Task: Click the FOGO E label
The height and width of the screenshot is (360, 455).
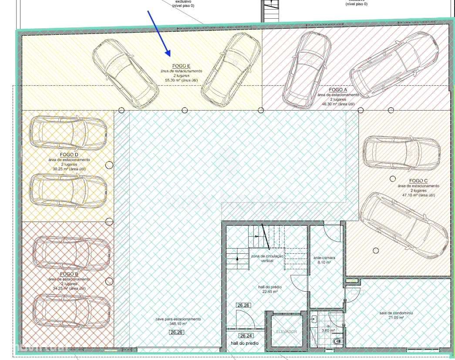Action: [x=183, y=66]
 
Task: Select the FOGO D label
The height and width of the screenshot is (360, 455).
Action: [x=69, y=155]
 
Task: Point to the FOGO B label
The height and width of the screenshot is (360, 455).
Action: [x=69, y=274]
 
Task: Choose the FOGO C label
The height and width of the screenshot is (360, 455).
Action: [x=418, y=181]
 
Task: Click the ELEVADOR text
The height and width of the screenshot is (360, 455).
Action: [x=286, y=332]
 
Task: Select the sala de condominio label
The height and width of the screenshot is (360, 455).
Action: [x=396, y=313]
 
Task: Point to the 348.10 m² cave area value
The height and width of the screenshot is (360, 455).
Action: [x=178, y=324]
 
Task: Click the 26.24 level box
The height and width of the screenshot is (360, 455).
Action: [x=246, y=336]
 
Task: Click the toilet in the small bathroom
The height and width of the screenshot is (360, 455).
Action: [x=337, y=341]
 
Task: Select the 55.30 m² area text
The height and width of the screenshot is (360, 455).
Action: [x=183, y=81]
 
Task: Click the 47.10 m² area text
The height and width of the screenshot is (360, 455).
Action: [x=418, y=195]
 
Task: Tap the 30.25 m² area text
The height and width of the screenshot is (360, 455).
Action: [x=69, y=169]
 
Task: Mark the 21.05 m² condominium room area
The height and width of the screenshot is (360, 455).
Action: [x=396, y=318]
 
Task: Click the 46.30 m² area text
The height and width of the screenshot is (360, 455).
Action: [x=338, y=104]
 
